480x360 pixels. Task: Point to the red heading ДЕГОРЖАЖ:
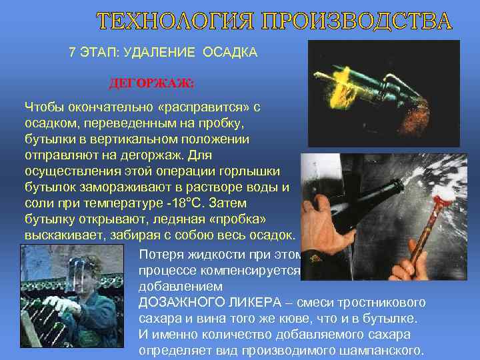[151, 85]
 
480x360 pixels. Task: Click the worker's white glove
[64, 305]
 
